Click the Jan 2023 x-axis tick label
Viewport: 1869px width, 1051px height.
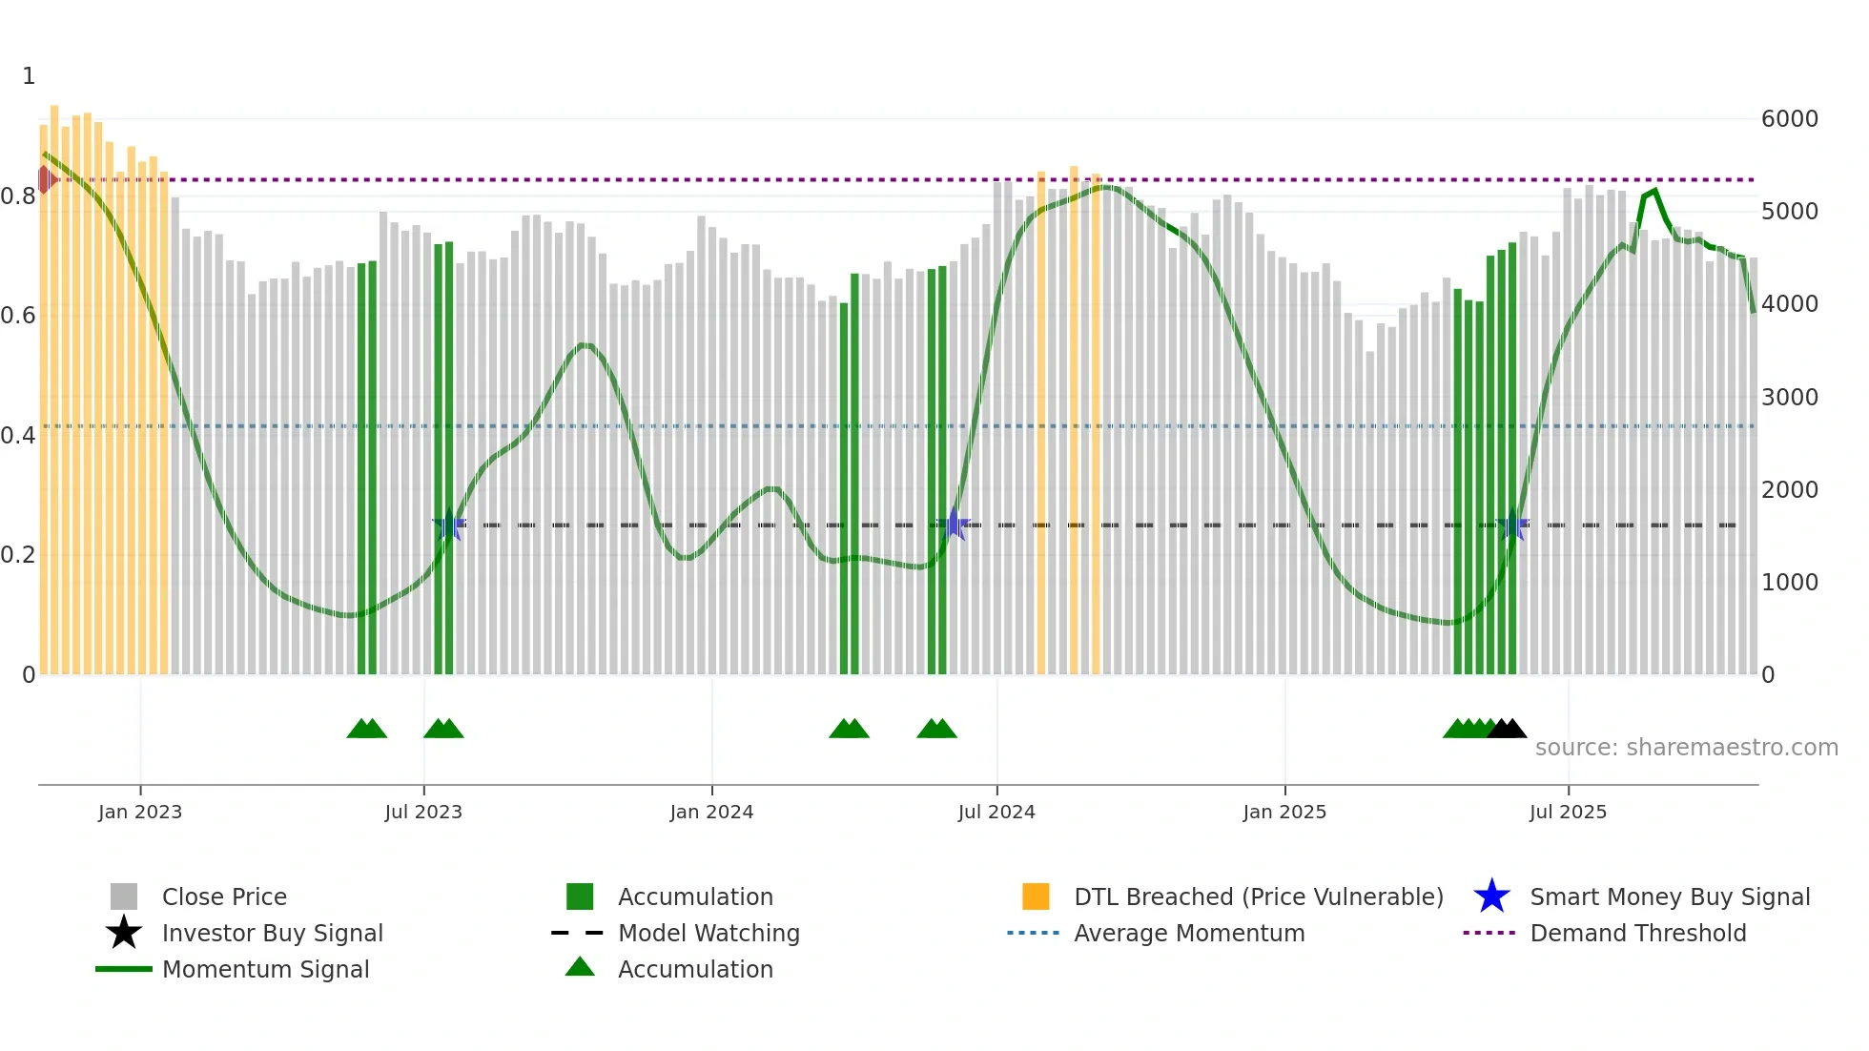139,812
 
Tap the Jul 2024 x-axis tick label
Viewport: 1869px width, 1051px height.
996,812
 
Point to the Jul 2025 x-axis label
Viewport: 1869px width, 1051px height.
1568,812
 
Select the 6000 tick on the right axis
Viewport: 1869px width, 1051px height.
1789,119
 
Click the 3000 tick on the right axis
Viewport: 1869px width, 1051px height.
1789,397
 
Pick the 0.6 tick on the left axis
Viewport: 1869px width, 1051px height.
18,316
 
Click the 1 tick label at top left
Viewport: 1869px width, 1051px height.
29,76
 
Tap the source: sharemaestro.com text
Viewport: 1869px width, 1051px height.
1686,747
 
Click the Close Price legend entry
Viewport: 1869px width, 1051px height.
224,896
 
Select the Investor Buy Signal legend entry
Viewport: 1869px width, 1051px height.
272,933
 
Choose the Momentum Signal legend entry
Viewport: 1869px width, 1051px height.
265,969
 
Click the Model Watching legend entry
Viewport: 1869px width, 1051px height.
708,933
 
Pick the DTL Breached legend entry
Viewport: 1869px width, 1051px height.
1258,896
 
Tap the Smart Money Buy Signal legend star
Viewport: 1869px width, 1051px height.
1491,896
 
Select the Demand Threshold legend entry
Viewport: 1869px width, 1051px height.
1637,933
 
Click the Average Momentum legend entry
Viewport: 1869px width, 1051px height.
1188,933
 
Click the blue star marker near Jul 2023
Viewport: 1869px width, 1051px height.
449,525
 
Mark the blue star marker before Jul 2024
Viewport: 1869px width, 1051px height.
953,524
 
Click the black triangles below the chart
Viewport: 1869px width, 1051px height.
1507,729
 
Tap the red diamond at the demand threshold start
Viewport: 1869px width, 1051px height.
45,179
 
